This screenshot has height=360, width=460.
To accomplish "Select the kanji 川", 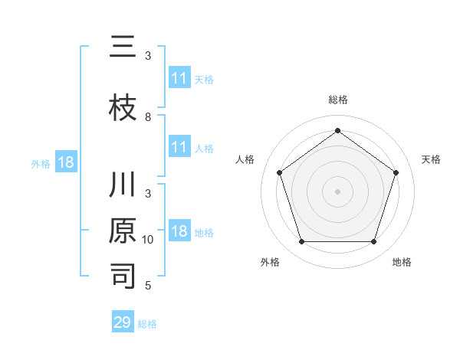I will click(123, 186).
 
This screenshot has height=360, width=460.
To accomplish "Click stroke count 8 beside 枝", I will click(148, 117).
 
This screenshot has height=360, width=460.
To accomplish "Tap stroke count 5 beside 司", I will click(149, 286).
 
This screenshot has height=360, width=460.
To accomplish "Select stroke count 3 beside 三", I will click(148, 56).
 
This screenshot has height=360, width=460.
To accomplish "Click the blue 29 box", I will click(122, 322).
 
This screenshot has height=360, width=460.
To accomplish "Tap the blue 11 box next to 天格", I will click(179, 78).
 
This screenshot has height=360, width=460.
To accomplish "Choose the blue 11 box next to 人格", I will click(179, 147).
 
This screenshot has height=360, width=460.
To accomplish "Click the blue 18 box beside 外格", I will click(65, 162).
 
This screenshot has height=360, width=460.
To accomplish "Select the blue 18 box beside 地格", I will click(179, 231).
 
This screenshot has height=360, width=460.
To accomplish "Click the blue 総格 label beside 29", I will click(147, 324).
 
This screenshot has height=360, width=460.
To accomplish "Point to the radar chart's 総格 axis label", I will click(337, 100).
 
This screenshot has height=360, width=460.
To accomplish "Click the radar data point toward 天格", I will click(396, 172).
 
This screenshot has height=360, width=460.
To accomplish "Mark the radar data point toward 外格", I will click(301, 242).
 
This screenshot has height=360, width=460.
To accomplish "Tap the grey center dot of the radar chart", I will click(337, 191).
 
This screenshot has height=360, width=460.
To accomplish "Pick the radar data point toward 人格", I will click(279, 172).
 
